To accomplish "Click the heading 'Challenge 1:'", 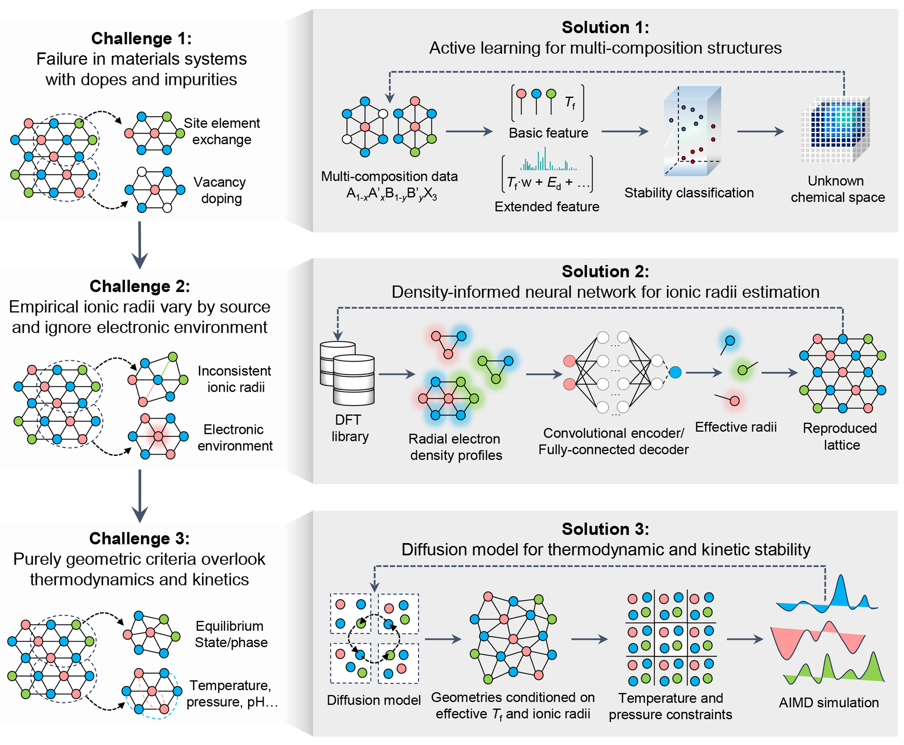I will tap(141, 39).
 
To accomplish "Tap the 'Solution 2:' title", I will tap(605, 272).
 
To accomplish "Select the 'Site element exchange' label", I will tap(222, 131).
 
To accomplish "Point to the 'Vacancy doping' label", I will tap(220, 190).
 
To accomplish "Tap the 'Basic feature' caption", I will tap(548, 133).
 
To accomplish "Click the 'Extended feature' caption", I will tap(547, 207).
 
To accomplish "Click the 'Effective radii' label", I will tap(736, 427).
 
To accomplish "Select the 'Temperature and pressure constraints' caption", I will tap(670, 706).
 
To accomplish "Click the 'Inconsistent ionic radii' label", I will tap(234, 379).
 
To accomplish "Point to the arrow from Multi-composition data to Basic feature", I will tap(469, 131).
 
